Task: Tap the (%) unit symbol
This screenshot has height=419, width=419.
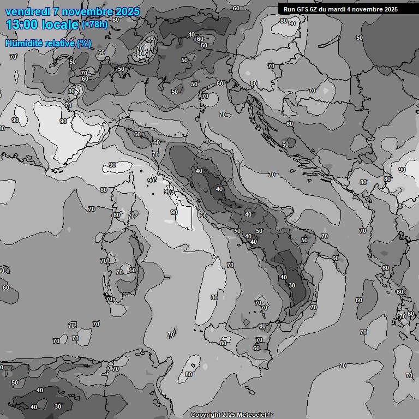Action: click(x=83, y=44)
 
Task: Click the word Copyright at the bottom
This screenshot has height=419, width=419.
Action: click(x=205, y=415)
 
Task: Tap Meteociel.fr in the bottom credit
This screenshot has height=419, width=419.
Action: click(x=258, y=415)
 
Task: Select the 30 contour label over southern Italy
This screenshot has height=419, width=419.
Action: click(x=292, y=285)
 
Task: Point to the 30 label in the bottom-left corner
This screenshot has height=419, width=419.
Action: click(x=58, y=406)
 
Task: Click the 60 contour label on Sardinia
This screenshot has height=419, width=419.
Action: click(x=133, y=270)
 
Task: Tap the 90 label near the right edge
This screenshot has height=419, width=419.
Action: click(x=402, y=170)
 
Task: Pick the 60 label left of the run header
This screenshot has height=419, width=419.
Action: click(x=236, y=8)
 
